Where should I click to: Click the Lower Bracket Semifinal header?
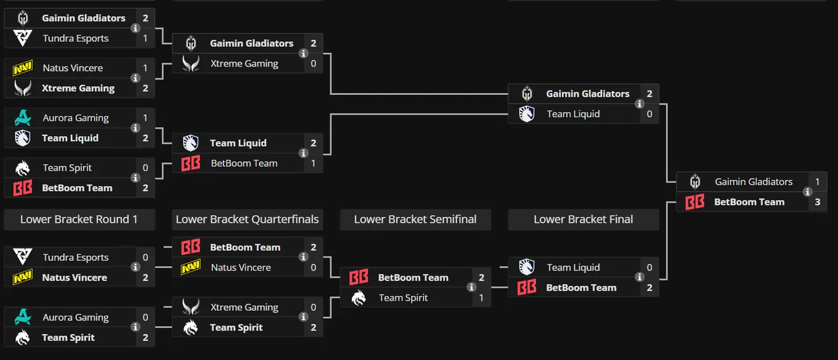[x=415, y=219]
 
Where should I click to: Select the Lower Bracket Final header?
[x=584, y=219]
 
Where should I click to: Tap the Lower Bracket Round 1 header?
[x=79, y=219]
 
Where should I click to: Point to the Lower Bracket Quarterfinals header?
[x=247, y=219]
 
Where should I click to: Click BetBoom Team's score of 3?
[x=818, y=202]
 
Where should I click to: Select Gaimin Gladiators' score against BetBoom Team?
[x=818, y=182]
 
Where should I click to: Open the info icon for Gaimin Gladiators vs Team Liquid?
[x=640, y=104]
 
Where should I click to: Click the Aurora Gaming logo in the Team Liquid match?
[x=23, y=118]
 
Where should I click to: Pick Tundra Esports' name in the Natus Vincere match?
[x=76, y=258]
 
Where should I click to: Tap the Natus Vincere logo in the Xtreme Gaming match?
[x=23, y=68]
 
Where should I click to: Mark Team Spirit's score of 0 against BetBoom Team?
[x=145, y=168]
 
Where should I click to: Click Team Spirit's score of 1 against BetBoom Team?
[x=481, y=298]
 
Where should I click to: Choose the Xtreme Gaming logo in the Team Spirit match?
[x=191, y=307]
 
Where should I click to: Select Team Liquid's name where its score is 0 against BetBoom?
[x=573, y=268]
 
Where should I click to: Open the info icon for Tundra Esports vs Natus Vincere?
[x=135, y=267]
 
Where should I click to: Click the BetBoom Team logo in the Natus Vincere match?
[x=191, y=247]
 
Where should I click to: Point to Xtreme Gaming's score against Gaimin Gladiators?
[x=313, y=63]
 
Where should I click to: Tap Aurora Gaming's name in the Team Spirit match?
[x=76, y=317]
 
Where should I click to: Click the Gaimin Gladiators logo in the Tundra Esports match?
[x=23, y=18]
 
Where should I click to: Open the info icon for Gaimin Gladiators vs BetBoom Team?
[x=807, y=192]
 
